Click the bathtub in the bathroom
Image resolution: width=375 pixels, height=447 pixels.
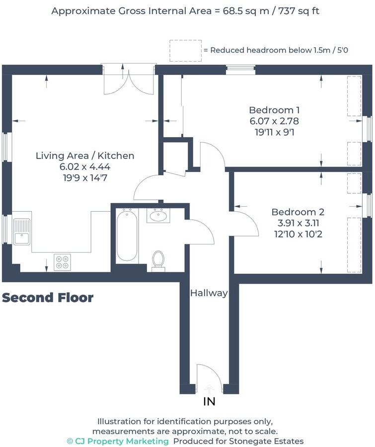pos(127,235)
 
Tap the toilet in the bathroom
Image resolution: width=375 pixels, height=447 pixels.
pos(158,260)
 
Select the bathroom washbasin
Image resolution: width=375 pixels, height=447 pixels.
pos(158,216)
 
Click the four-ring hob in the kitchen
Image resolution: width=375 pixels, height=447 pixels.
pos(62,262)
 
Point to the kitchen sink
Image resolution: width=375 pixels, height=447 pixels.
pos(22,231)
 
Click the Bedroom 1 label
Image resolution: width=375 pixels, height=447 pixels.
pos(274,110)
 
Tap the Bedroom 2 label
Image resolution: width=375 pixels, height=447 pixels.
pos(297,212)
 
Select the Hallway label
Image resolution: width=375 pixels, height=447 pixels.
pos(209,293)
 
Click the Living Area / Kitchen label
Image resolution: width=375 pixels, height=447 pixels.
pos(85,155)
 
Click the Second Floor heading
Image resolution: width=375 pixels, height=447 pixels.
pos(48,298)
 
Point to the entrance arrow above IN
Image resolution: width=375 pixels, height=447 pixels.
pos(209,389)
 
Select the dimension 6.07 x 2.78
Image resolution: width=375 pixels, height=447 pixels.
pos(274,121)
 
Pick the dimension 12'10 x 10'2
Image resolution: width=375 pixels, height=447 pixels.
pos(297,234)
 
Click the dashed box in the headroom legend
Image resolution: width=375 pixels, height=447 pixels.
pos(185,51)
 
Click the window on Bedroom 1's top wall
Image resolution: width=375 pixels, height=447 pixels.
pos(241,70)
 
